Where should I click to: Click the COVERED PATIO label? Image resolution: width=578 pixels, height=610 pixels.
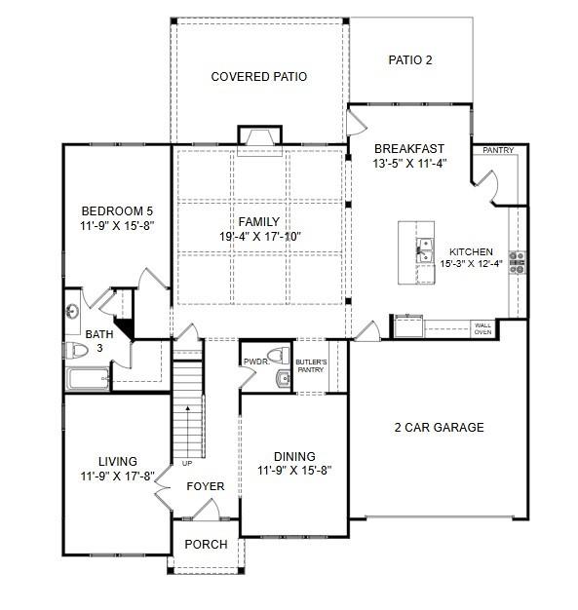click(x=258, y=76)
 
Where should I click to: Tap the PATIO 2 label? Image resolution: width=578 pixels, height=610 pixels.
click(x=410, y=60)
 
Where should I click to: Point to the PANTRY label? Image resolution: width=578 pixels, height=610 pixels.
click(x=498, y=151)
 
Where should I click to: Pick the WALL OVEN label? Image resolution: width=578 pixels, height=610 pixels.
click(x=482, y=328)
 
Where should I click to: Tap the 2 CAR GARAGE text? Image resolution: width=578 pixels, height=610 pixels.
click(x=438, y=427)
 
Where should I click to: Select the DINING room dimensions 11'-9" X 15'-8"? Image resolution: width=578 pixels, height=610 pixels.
click(x=294, y=470)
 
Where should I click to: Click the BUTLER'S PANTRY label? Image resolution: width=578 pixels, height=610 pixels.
click(x=311, y=365)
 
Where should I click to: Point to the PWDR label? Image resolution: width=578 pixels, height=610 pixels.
click(x=255, y=361)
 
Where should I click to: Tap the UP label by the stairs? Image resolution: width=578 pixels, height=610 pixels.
click(x=186, y=463)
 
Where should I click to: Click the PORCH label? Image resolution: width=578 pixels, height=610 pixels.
click(x=206, y=544)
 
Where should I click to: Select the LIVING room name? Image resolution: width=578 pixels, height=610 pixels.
click(x=117, y=462)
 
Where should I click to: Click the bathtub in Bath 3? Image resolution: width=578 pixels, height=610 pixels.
click(x=88, y=379)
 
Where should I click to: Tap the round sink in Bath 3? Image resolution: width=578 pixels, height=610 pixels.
click(x=73, y=313)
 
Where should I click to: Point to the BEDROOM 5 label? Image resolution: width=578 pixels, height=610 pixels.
click(x=117, y=210)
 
